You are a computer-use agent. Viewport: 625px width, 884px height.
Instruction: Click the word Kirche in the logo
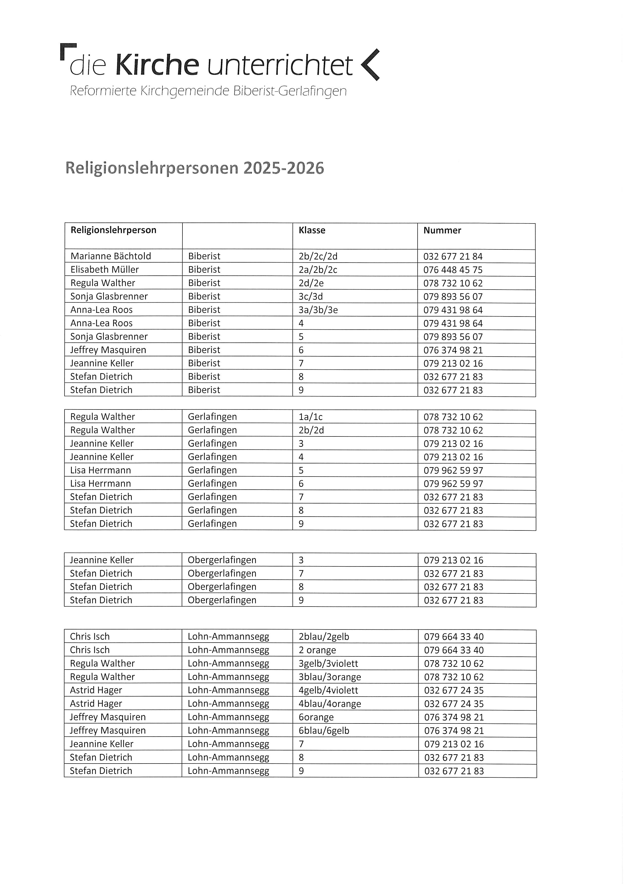pyautogui.click(x=157, y=65)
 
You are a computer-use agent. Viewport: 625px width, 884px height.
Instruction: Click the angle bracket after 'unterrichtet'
pyautogui.click(x=370, y=65)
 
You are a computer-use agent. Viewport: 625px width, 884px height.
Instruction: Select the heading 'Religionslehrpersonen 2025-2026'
pyautogui.click(x=195, y=168)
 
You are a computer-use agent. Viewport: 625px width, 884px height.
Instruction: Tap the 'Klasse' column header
pyautogui.click(x=312, y=230)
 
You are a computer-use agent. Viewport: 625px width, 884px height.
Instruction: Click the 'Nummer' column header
pyautogui.click(x=442, y=230)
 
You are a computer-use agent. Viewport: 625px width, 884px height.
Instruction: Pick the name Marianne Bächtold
pyautogui.click(x=111, y=256)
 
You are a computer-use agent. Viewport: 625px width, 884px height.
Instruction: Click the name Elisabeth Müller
pyautogui.click(x=104, y=270)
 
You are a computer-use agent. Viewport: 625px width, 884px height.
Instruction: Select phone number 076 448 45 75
pyautogui.click(x=453, y=270)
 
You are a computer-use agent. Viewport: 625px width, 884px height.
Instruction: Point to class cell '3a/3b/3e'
pyautogui.click(x=318, y=310)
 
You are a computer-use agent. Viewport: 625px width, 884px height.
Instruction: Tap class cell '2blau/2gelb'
pyautogui.click(x=324, y=637)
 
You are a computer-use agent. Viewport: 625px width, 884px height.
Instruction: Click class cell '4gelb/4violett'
pyautogui.click(x=328, y=690)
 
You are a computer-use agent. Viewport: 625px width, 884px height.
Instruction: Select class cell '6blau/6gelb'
pyautogui.click(x=324, y=730)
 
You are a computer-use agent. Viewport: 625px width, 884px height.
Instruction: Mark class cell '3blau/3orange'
pyautogui.click(x=330, y=677)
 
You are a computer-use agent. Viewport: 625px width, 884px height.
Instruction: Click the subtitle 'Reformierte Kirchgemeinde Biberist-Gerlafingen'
pyautogui.click(x=208, y=91)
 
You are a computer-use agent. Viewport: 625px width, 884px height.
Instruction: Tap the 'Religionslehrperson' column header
pyautogui.click(x=113, y=230)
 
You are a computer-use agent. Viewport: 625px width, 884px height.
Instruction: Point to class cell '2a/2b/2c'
pyautogui.click(x=318, y=270)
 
